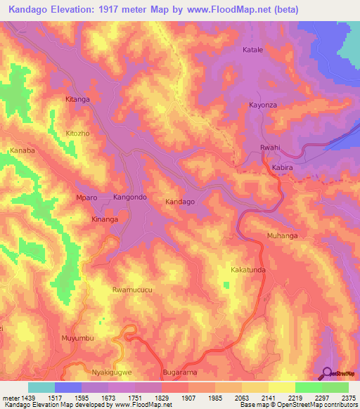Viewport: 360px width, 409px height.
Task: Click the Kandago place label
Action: [179, 202]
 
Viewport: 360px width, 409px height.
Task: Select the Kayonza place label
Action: [264, 105]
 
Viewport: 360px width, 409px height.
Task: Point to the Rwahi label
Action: [270, 148]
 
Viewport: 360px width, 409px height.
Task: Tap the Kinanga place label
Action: [105, 220]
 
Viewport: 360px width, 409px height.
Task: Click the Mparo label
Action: [86, 198]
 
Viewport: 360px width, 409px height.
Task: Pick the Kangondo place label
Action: [130, 197]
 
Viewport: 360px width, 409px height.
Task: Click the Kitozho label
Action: [79, 133]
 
